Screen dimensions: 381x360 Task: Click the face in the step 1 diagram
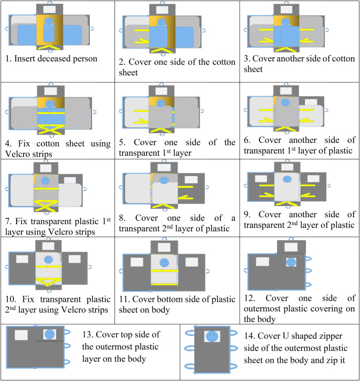49,22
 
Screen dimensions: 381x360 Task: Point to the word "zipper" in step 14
302,338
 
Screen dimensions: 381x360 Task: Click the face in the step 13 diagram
50,334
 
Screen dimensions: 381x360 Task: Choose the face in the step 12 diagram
291,263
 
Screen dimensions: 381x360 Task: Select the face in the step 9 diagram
287,179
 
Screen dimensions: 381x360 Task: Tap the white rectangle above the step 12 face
291,247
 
